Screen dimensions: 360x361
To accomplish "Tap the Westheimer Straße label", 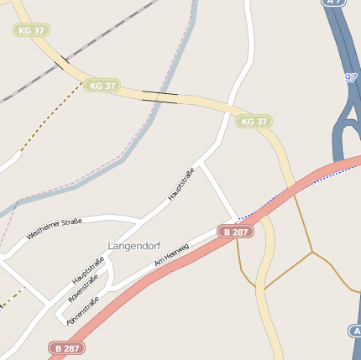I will point(54,228).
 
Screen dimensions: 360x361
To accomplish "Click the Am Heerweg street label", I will point(172,255).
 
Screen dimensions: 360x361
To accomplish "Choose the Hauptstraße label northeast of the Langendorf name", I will point(181,184).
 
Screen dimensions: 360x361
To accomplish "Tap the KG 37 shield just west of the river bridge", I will point(101,86).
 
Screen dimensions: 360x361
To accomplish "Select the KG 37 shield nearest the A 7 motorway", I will point(254,122).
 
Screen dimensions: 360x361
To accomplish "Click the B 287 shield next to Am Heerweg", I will point(236,231).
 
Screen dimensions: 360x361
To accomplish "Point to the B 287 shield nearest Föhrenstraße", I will point(66,347).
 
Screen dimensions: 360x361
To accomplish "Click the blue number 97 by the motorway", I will point(350,78).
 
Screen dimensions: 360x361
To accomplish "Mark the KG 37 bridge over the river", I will point(160,97).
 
